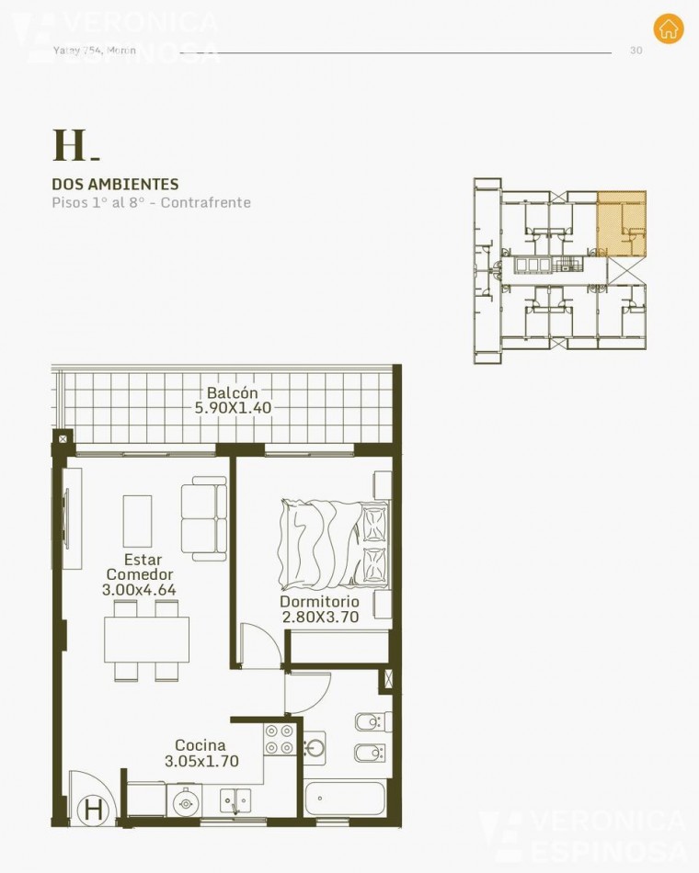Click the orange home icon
pos(669,28)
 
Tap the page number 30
pos(636,51)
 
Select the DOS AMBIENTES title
pos(115,185)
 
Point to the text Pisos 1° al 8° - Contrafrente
pos(151,203)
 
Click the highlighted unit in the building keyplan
pos(621,223)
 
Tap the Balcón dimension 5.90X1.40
pos(233,408)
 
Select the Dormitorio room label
pos(319,602)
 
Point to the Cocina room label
pos(201,746)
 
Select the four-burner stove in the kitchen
pos(280,739)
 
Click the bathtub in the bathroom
pos(341,799)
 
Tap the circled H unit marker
pos(93,810)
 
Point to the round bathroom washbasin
pos(315,747)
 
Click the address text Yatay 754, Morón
pos(96,51)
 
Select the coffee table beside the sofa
pos(138,521)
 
